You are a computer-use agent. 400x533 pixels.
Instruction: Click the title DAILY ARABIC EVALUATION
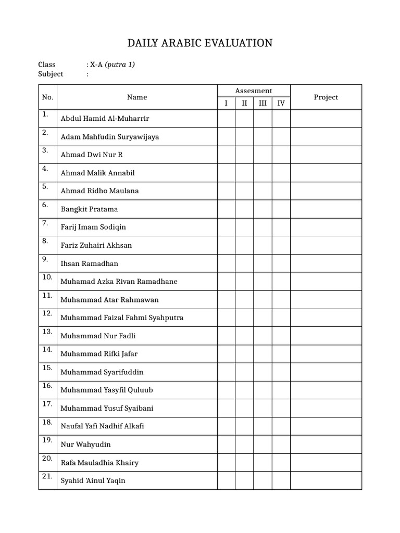click(200, 43)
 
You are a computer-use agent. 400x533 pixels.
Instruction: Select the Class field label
click(47, 65)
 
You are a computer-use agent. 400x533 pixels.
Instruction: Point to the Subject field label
click(51, 74)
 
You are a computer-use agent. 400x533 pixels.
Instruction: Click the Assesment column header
click(254, 91)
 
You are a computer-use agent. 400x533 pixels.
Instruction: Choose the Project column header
click(326, 97)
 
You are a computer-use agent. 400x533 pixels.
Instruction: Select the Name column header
click(137, 97)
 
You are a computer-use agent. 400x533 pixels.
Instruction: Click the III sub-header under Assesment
click(262, 103)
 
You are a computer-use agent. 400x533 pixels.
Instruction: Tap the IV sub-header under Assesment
click(281, 103)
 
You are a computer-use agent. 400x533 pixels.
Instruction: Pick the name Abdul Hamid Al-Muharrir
click(105, 119)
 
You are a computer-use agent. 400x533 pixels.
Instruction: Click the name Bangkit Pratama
click(89, 209)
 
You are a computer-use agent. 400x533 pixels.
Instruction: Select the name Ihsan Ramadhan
click(89, 263)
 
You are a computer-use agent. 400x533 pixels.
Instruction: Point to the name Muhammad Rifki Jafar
click(99, 354)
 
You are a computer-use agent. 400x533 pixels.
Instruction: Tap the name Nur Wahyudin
click(85, 445)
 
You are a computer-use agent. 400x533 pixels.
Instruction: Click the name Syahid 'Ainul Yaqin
click(93, 481)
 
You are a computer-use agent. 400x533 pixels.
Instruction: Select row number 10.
click(47, 277)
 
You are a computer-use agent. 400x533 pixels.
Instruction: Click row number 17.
click(47, 404)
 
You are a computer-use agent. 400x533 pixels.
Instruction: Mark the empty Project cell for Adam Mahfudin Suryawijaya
click(326, 137)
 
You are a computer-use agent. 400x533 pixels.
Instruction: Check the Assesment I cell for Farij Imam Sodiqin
click(226, 227)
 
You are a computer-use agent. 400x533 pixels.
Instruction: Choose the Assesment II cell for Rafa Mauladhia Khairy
click(244, 462)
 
